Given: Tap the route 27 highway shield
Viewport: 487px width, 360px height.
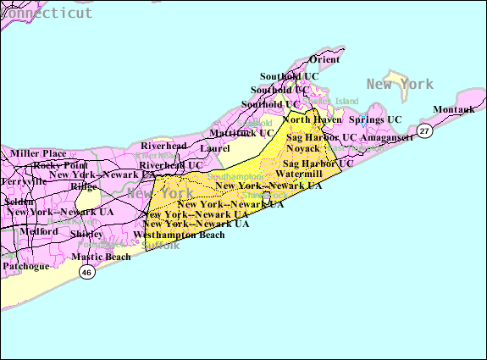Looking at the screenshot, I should [424, 131].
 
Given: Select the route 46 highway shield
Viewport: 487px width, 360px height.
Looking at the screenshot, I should [86, 272].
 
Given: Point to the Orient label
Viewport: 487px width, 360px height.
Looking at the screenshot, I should [324, 59].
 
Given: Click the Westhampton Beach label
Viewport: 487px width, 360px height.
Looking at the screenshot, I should [185, 235].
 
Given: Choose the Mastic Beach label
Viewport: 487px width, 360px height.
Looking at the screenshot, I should [101, 256].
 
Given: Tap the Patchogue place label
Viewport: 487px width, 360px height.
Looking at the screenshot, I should [25, 265].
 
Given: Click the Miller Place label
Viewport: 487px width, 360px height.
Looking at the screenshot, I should [37, 152].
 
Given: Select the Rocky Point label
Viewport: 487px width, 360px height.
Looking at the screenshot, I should [60, 164].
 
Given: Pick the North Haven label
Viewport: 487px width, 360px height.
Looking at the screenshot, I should [313, 120].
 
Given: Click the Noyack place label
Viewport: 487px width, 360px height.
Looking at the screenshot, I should [302, 148].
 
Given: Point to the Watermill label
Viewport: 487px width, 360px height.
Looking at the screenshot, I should [299, 174].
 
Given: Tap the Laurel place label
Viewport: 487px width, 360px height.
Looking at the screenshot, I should [215, 148].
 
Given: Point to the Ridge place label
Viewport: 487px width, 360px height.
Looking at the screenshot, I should [84, 186].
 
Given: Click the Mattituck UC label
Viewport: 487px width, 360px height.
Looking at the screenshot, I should [241, 133].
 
